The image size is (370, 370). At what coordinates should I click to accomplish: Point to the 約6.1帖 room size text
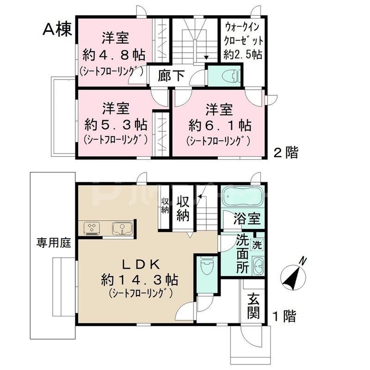[220, 125]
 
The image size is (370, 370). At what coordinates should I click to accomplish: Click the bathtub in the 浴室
[241, 197]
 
